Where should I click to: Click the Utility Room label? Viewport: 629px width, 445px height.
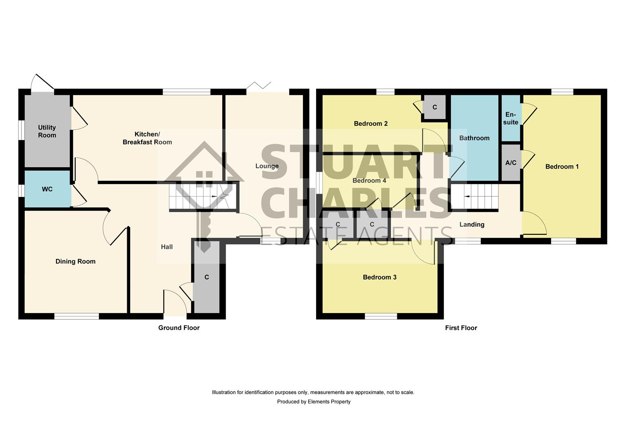[x=47, y=131]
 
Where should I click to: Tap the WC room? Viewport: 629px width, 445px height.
[x=47, y=189]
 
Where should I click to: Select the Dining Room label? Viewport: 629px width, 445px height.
[x=75, y=261]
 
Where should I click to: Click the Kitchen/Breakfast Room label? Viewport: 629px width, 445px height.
[x=147, y=138]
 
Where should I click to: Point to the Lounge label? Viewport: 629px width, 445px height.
[x=267, y=166]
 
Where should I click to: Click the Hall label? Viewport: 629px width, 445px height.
[x=167, y=247]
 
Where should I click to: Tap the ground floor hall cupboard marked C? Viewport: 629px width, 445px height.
[x=207, y=277]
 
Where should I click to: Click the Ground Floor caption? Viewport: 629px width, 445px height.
[x=179, y=328]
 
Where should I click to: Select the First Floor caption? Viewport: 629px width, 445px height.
[x=461, y=328]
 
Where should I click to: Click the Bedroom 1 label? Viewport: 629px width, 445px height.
[x=562, y=166]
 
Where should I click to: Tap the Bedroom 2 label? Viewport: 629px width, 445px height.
[x=370, y=124]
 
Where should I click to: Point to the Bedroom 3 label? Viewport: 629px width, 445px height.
[x=380, y=277]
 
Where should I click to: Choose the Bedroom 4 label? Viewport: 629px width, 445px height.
[x=369, y=180]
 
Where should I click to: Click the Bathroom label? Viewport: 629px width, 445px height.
[x=474, y=138]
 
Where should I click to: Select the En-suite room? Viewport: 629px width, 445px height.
[x=510, y=118]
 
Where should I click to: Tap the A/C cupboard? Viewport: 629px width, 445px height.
[x=510, y=163]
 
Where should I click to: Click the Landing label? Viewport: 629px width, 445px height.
[x=472, y=225]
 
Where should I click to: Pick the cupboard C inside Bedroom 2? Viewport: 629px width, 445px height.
[x=435, y=108]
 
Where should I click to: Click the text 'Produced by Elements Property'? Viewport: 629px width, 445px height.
[x=314, y=402]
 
